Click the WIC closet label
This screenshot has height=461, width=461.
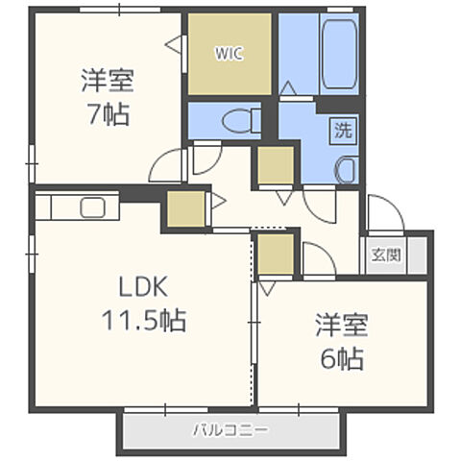(230, 54)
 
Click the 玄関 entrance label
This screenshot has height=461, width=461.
(387, 256)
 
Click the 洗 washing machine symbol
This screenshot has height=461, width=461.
(342, 129)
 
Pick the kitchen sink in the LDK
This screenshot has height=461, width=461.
(92, 207)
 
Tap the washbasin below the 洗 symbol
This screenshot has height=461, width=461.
(345, 166)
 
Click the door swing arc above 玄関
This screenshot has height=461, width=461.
(383, 213)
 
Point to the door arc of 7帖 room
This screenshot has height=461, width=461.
(169, 165)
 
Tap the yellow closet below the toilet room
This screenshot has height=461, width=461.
(275, 165)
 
